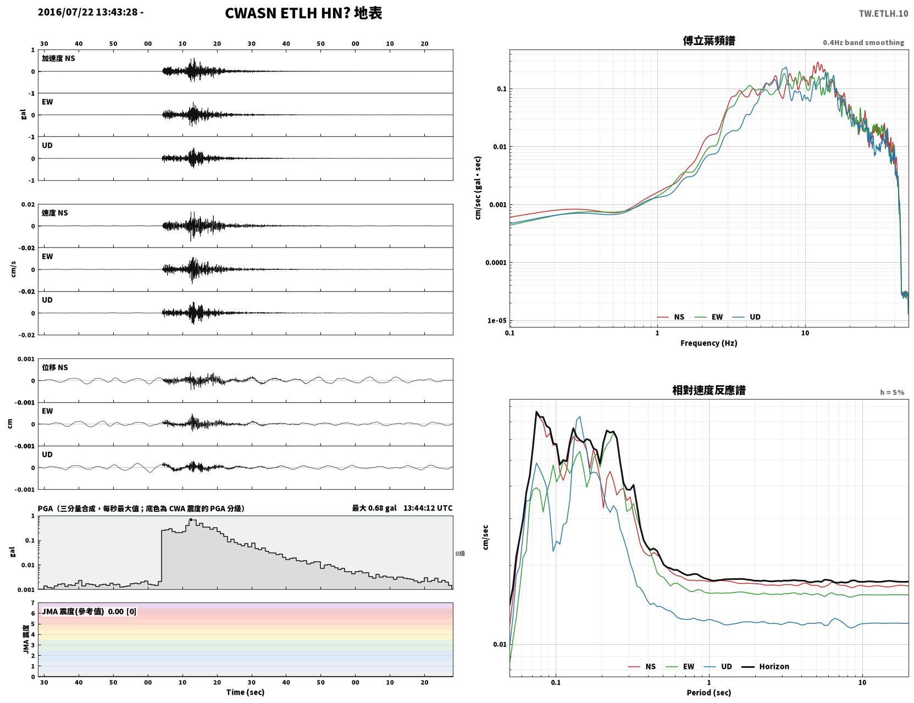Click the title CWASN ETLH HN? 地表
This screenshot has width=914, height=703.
click(x=303, y=13)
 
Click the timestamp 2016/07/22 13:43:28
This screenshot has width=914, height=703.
click(x=87, y=12)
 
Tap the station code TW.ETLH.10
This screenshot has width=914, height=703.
click(x=883, y=13)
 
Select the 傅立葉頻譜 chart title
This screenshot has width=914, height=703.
click(x=709, y=41)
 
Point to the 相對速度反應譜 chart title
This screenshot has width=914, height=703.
click(x=709, y=390)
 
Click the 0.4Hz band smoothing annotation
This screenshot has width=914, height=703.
click(x=863, y=42)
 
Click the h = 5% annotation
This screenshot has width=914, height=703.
click(x=891, y=392)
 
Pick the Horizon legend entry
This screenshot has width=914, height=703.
click(x=765, y=666)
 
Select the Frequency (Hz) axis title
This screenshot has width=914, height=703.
click(x=709, y=343)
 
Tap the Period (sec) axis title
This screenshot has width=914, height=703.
click(x=709, y=693)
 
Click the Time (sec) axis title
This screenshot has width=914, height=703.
click(x=245, y=692)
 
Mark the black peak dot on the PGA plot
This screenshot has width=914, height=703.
click(x=191, y=519)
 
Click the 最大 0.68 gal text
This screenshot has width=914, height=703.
click(x=374, y=508)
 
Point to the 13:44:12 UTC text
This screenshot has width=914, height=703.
click(x=428, y=508)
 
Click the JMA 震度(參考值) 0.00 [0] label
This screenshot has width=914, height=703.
click(x=88, y=611)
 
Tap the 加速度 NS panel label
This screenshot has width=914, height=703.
click(x=58, y=58)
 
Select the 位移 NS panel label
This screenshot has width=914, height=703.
click(x=54, y=368)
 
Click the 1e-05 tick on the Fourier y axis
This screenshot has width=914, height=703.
click(x=497, y=321)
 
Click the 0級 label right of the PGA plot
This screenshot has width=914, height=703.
click(x=460, y=553)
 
